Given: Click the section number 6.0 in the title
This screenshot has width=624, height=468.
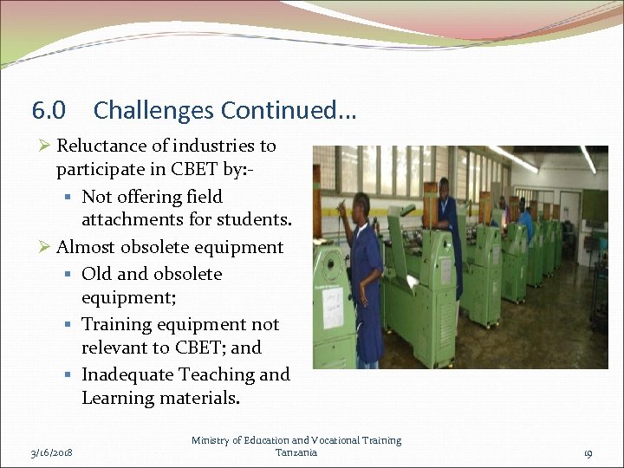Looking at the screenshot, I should tap(49, 111).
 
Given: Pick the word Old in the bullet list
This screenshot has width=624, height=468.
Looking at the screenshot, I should tap(96, 274).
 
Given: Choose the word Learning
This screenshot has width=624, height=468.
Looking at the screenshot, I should tap(118, 399).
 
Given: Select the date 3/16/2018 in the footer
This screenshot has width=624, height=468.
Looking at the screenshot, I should tap(50, 452).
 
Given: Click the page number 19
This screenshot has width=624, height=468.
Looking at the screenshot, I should tap(588, 452).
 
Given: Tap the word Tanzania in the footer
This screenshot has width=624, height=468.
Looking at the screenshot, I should tap(296, 452).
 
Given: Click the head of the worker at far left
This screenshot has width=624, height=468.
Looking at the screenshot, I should tap(359, 205).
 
